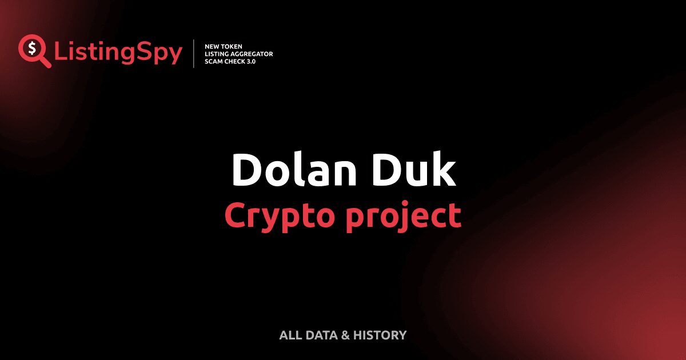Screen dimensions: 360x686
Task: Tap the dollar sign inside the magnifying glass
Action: (x=31, y=48)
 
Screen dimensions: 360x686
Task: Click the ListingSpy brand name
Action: (x=118, y=53)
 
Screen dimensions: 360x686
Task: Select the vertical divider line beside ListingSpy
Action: (x=194, y=54)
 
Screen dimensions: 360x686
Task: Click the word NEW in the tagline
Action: (x=212, y=46)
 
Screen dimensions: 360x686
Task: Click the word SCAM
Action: (x=213, y=61)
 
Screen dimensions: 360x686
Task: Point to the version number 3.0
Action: (x=251, y=61)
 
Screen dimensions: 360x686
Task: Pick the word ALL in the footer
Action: (x=289, y=335)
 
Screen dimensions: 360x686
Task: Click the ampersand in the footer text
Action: (x=345, y=335)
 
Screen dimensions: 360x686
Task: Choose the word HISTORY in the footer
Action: (x=380, y=335)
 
